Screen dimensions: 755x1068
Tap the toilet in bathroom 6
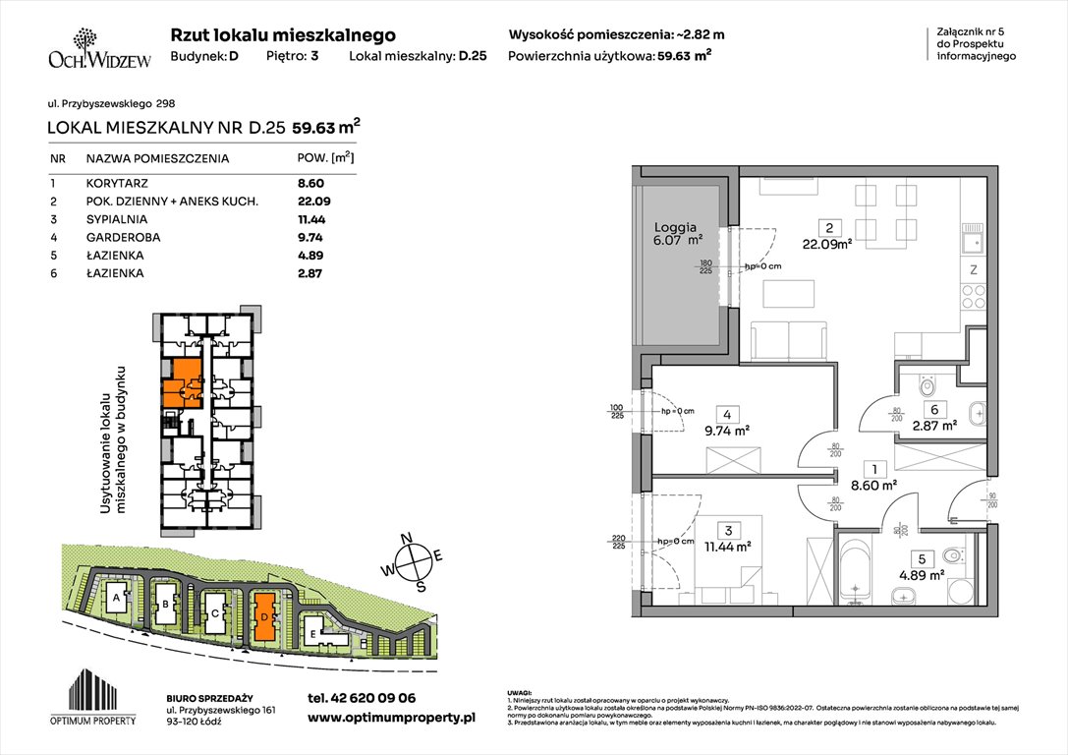(x=926, y=389)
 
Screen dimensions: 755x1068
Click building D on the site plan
(x=264, y=616)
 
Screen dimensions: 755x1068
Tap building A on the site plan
(x=116, y=597)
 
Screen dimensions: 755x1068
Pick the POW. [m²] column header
(x=325, y=157)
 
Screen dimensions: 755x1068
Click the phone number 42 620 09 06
(x=362, y=698)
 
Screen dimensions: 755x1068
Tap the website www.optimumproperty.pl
(x=392, y=719)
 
